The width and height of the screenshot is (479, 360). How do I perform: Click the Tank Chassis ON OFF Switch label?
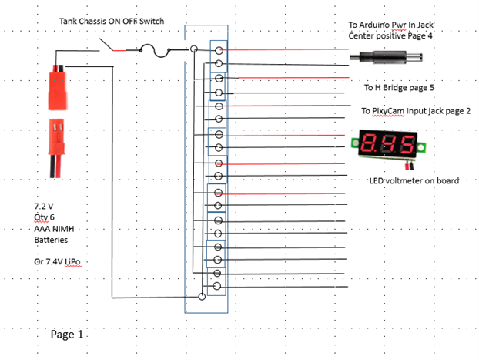click(x=112, y=21)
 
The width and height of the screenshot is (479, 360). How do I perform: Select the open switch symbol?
click(x=112, y=45)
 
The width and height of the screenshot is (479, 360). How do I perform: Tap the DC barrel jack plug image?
click(x=386, y=57)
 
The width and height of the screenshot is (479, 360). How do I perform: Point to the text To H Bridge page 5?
click(x=399, y=87)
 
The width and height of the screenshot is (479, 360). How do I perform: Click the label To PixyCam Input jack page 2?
click(x=416, y=111)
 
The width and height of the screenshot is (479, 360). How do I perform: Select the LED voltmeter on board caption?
click(x=414, y=180)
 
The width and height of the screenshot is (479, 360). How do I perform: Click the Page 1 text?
click(x=67, y=335)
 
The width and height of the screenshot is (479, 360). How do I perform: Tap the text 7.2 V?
click(x=44, y=206)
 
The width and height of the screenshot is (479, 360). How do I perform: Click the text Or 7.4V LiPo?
click(x=57, y=262)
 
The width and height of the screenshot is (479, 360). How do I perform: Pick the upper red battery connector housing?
click(x=58, y=87)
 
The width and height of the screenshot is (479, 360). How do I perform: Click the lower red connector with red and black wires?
click(x=56, y=148)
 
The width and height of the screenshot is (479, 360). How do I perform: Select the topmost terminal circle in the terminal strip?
click(x=219, y=50)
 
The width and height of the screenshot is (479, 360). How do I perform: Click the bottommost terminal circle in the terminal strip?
click(x=216, y=286)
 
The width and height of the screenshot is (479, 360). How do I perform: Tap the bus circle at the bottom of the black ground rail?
click(x=202, y=296)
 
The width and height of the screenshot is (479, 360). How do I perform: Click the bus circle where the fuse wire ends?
click(x=194, y=49)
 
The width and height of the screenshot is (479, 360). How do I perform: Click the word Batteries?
click(x=51, y=240)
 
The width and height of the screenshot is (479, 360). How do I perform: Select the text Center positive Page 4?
click(x=390, y=36)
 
